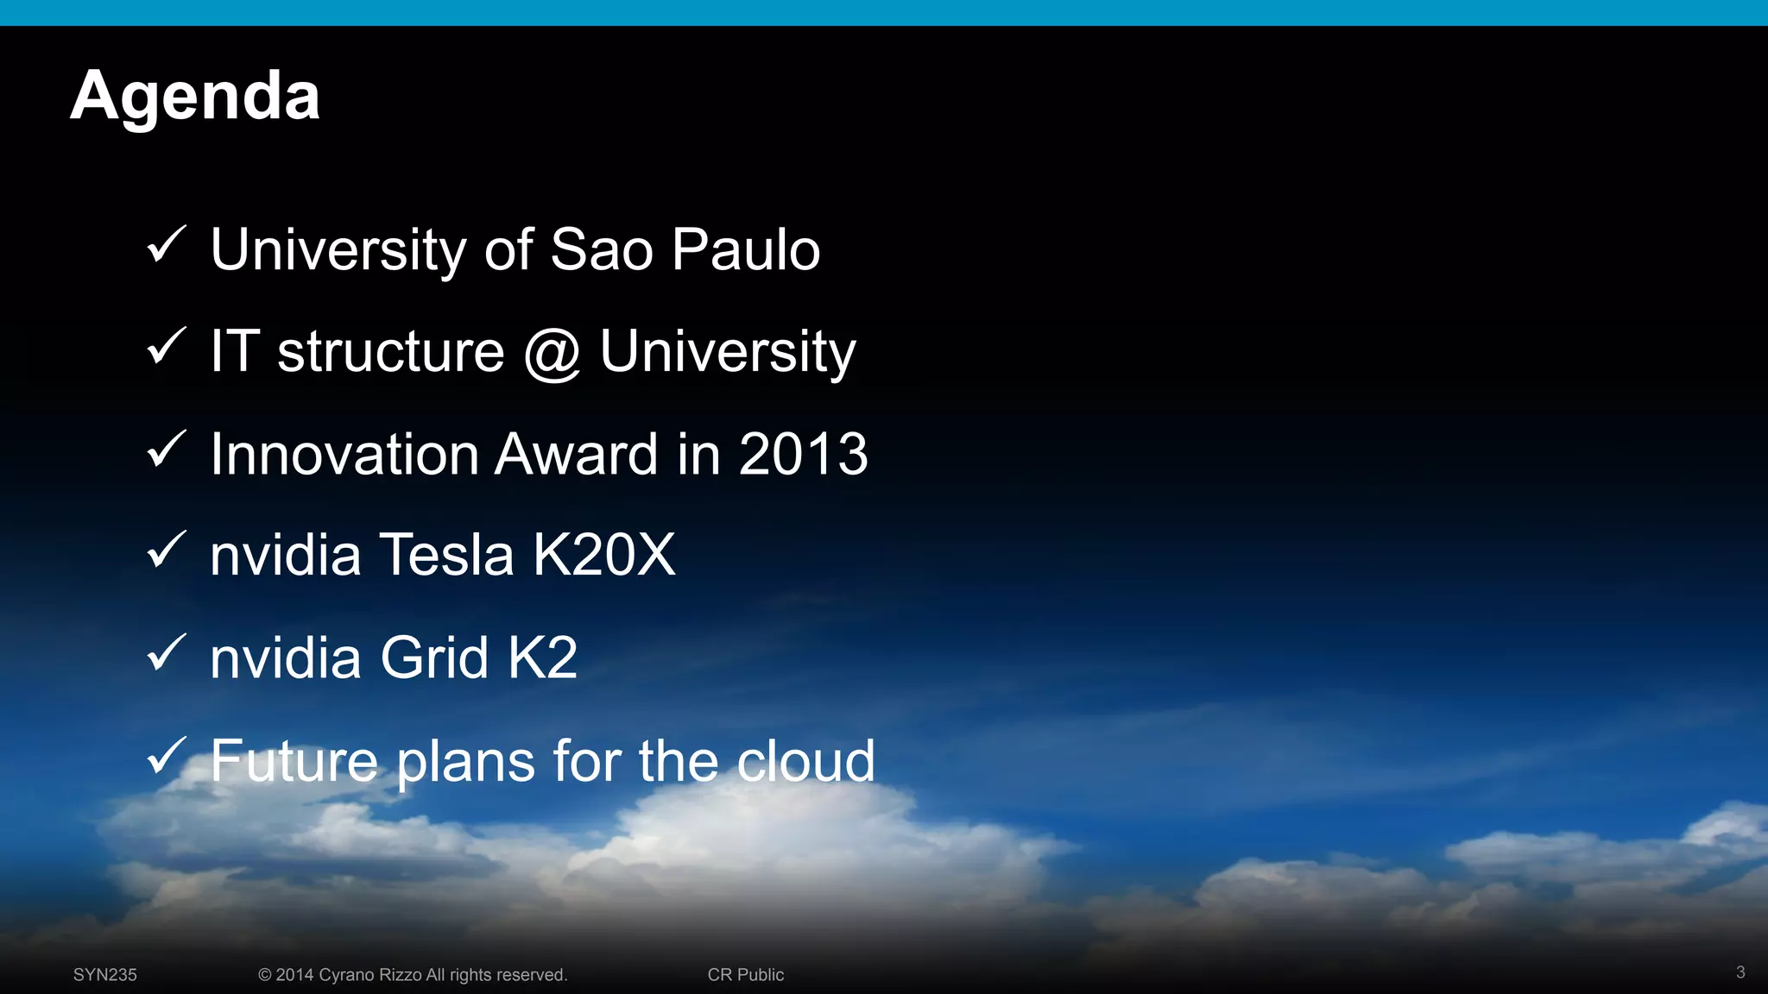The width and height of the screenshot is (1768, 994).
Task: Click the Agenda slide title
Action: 195,96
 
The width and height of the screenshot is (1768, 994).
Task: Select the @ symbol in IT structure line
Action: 552,353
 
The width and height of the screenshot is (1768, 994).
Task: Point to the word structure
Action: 390,352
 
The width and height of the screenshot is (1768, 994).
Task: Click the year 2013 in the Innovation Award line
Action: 803,455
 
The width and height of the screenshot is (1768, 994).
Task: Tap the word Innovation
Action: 344,455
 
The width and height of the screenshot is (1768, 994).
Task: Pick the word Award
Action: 576,455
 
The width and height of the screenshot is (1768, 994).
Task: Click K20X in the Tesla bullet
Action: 603,555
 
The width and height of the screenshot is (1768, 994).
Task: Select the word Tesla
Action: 446,555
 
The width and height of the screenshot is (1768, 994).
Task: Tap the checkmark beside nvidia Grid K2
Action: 166,653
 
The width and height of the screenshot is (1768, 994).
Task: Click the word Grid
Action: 434,658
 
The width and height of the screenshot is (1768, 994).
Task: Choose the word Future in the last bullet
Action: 294,761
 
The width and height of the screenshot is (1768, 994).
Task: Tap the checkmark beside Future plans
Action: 166,756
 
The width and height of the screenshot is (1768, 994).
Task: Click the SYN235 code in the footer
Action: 105,975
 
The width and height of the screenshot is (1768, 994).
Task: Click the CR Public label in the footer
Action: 745,975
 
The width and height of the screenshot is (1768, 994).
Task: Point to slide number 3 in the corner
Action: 1740,972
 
